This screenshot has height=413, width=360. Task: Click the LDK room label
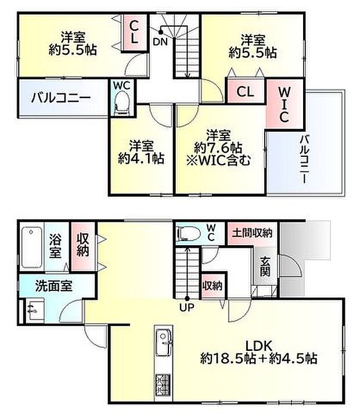[259, 350]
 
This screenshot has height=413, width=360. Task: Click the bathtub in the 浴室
[31, 247]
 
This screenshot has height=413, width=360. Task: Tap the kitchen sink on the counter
[163, 338]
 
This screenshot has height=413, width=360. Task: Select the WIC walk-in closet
[284, 105]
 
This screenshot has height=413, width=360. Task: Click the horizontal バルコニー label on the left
[60, 98]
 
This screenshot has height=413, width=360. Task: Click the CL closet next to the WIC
[246, 92]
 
